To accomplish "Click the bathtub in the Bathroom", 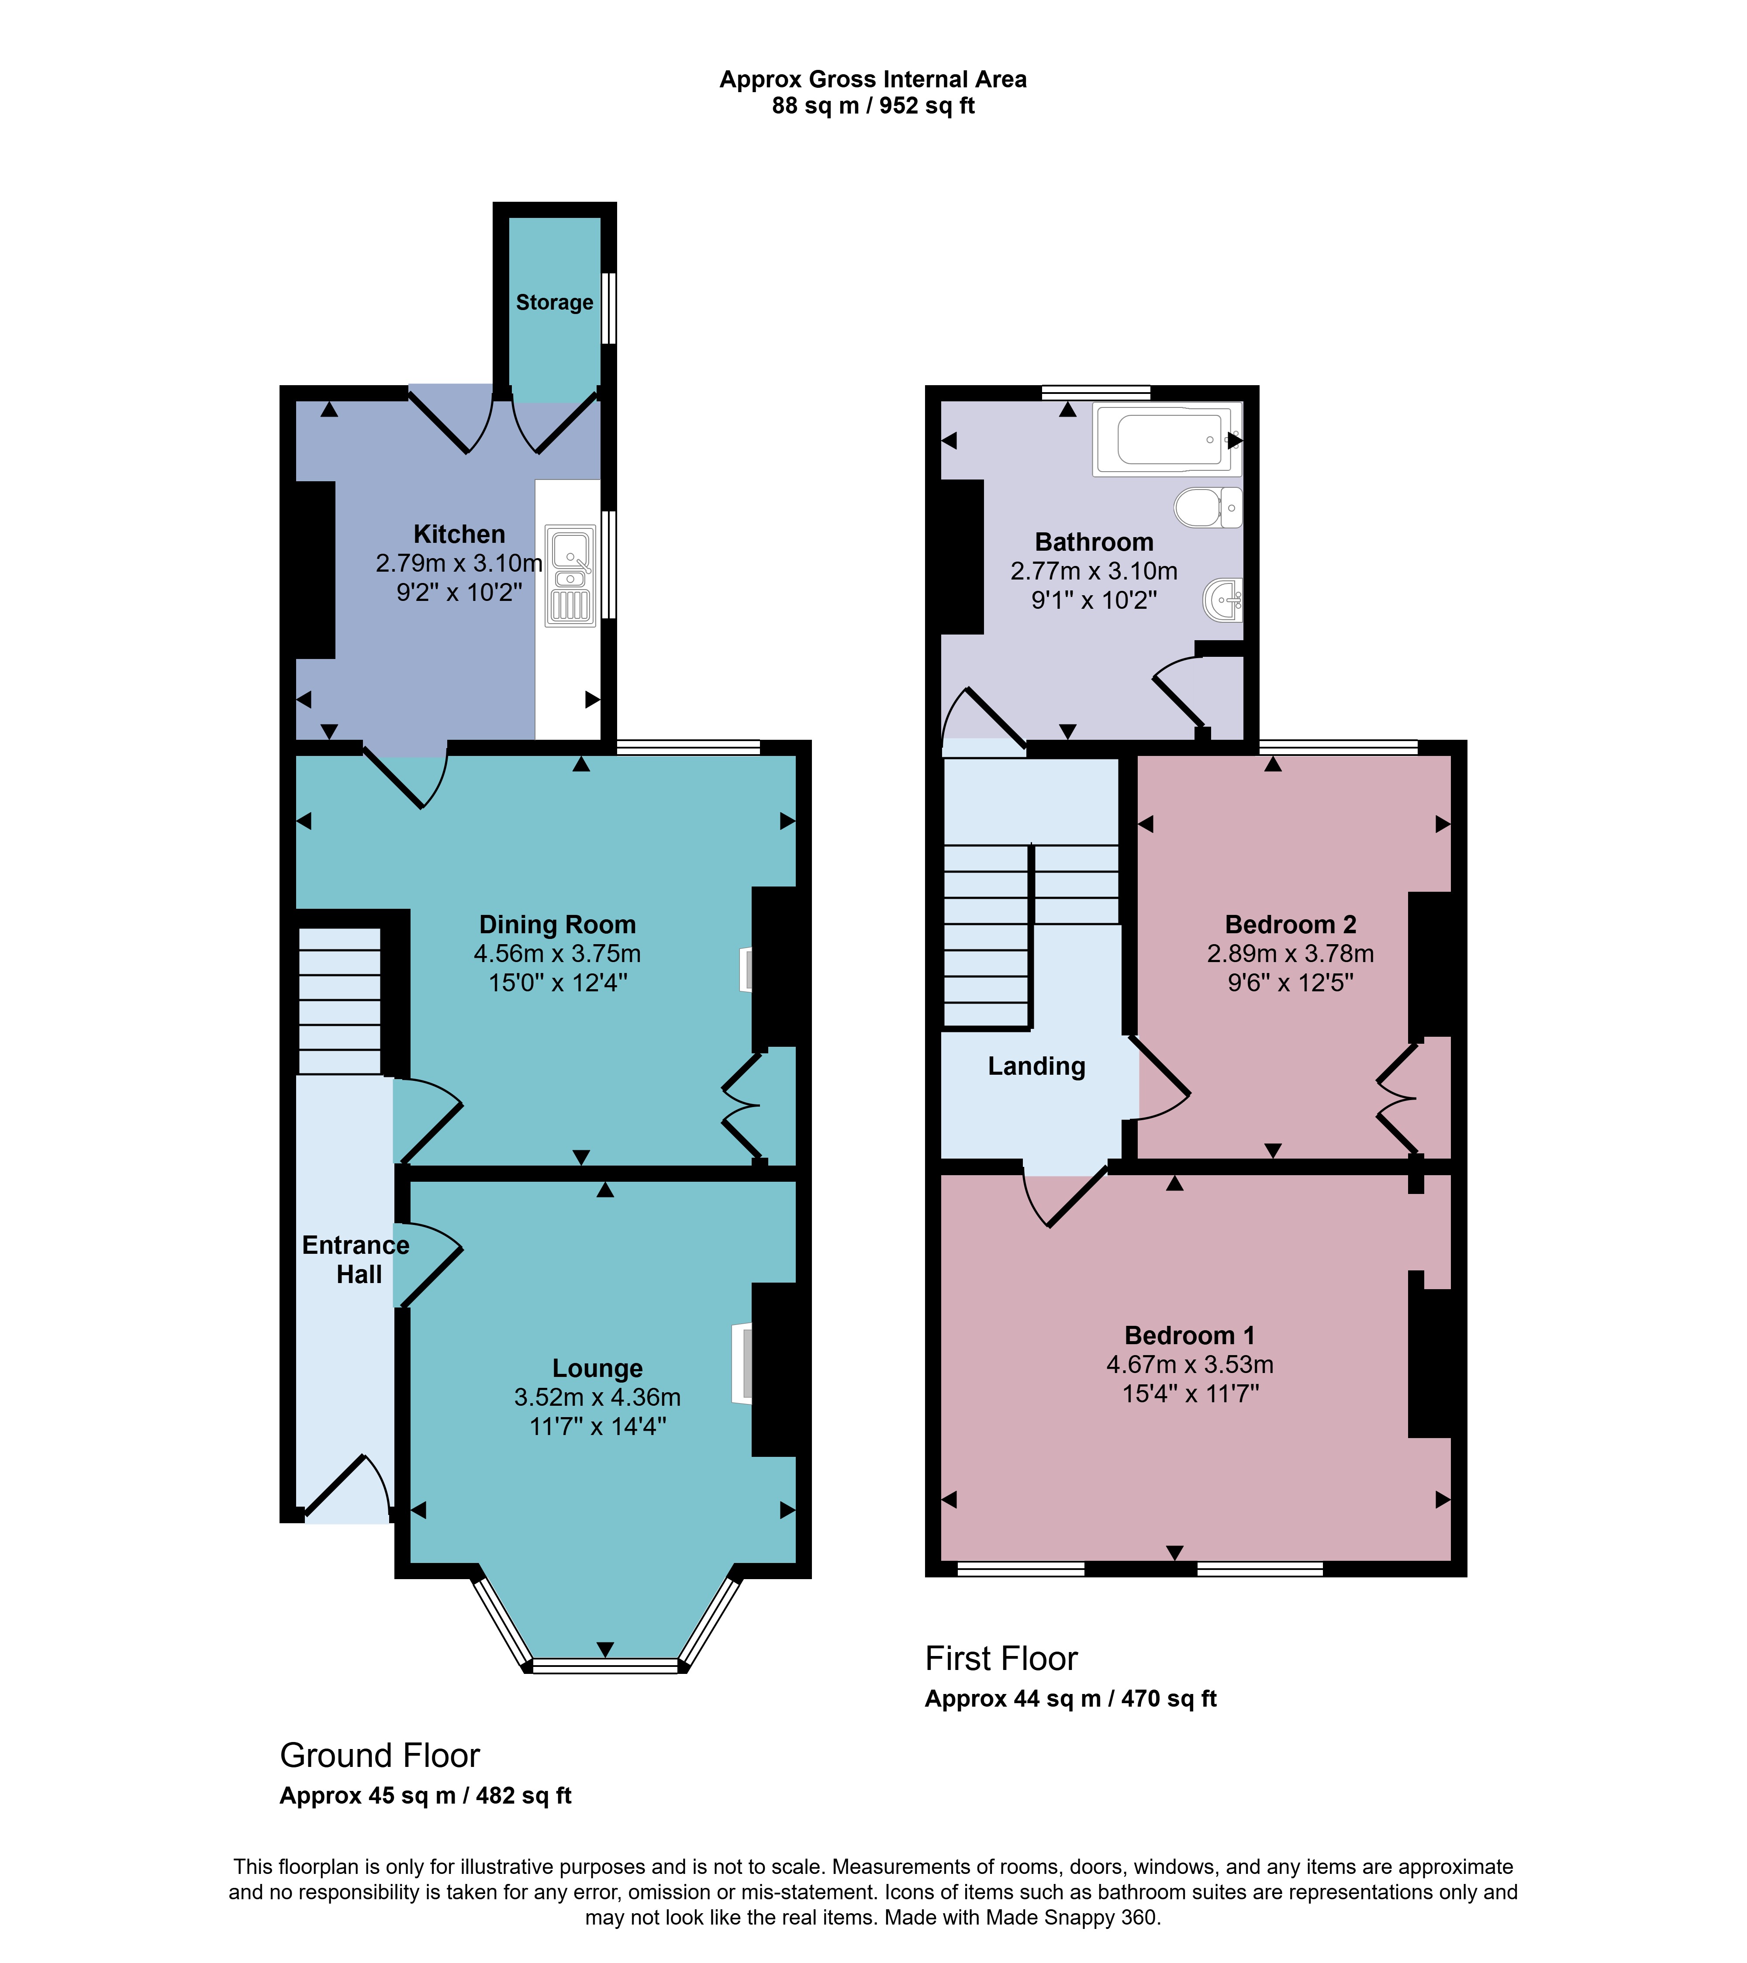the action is [x=1167, y=439].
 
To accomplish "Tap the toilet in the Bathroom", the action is [x=1208, y=507].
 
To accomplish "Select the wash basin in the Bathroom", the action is [x=1222, y=600].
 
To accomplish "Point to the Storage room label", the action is [x=554, y=303].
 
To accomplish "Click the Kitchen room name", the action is [x=459, y=534].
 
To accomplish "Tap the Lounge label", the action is [x=597, y=1369].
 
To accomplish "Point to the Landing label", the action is [x=1036, y=1066].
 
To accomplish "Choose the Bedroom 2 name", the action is [x=1291, y=925].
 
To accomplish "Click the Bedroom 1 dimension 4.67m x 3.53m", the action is [x=1190, y=1365].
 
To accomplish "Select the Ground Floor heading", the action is [x=380, y=1756].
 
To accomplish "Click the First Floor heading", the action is [x=1001, y=1659].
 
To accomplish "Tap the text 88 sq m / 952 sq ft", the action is [x=873, y=106].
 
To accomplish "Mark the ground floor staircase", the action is [x=340, y=1000].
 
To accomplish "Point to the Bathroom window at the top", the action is [x=1096, y=392].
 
